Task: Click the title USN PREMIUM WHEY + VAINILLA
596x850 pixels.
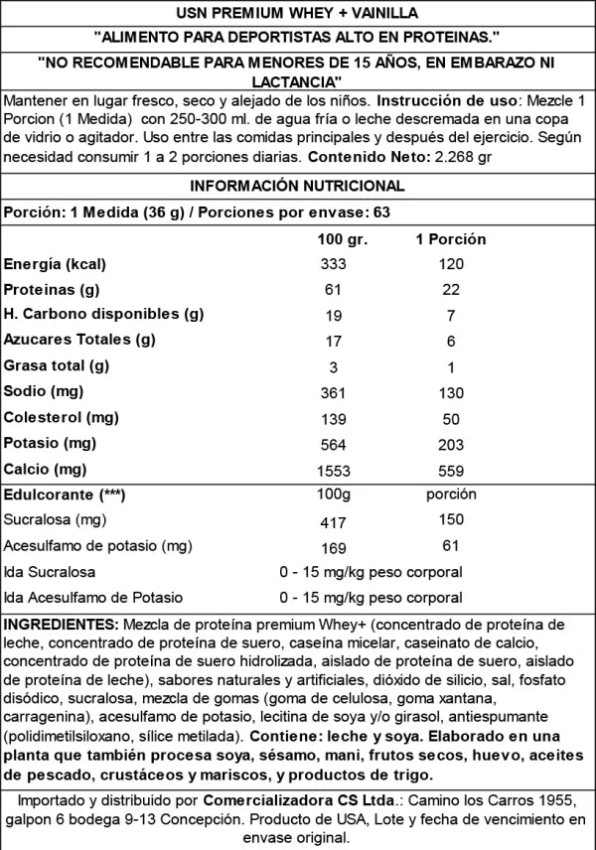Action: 297,13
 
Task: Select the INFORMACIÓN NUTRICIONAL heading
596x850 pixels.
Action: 297,186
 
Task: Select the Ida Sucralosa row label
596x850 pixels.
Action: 50,572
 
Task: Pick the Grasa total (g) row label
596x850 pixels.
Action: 57,365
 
